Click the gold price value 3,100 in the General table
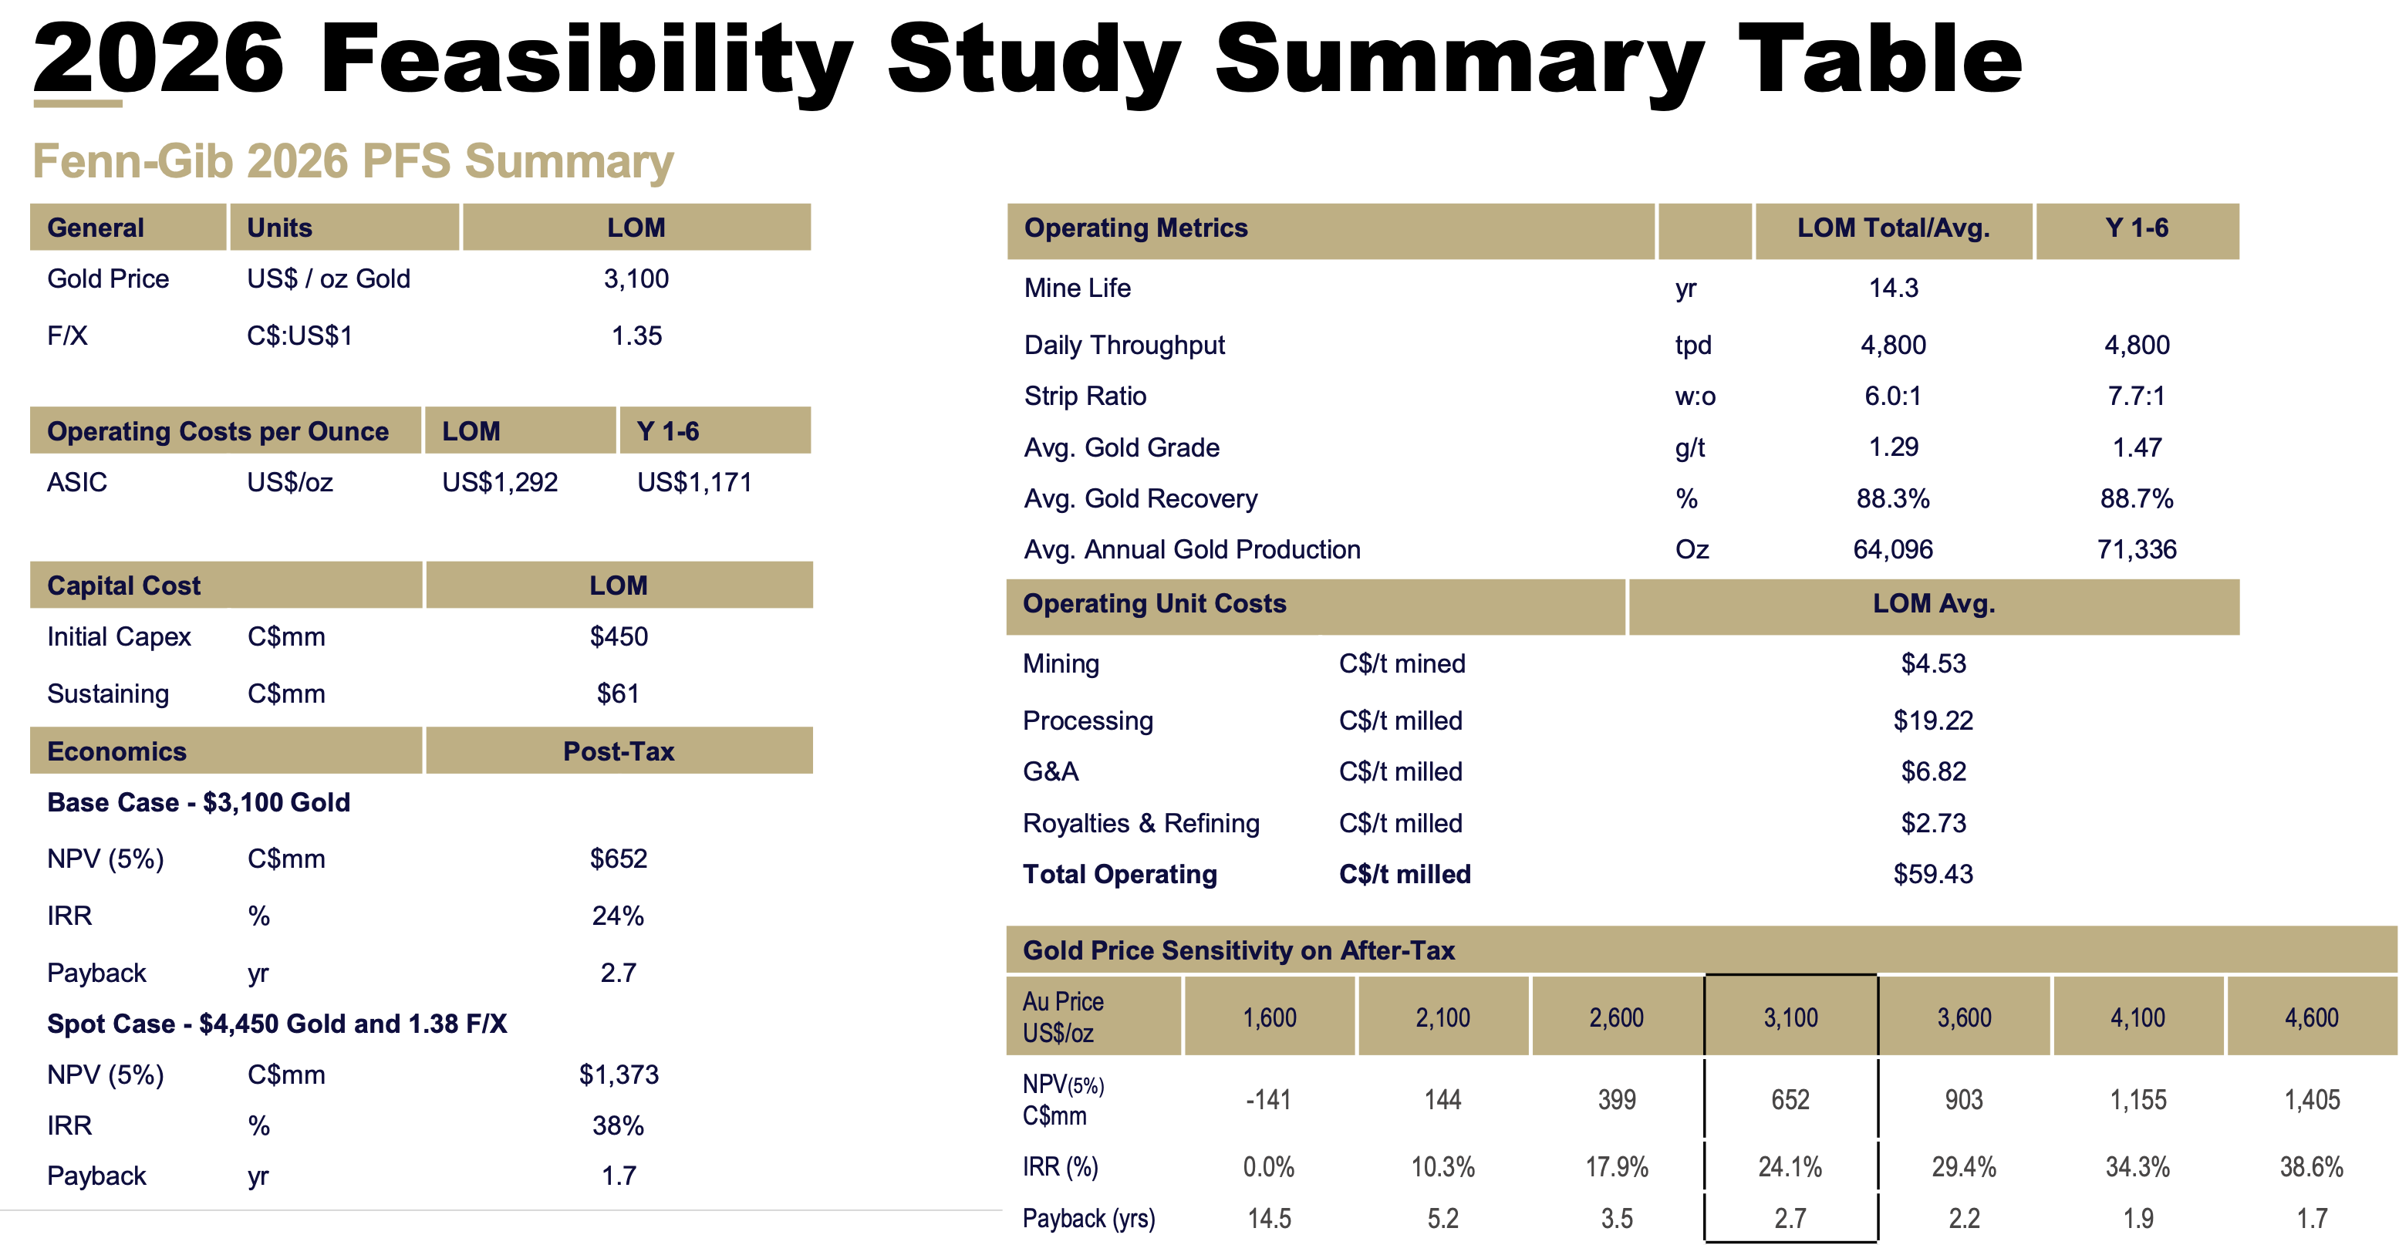[x=636, y=278]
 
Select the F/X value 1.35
[x=636, y=336]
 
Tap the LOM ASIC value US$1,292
[x=499, y=482]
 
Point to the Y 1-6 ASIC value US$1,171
[x=693, y=482]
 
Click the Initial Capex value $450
[x=619, y=637]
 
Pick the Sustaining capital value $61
[x=619, y=693]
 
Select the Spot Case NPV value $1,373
[x=619, y=1075]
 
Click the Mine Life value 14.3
[x=1893, y=288]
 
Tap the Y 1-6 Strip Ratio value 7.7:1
[x=2137, y=396]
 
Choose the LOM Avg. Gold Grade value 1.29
[x=1893, y=447]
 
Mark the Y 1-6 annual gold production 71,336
[x=2137, y=549]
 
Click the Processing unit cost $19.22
[x=1933, y=720]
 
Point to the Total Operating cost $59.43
[x=1933, y=875]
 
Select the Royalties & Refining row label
[x=1141, y=823]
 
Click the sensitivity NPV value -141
[x=1268, y=1100]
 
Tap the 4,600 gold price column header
[x=2312, y=1017]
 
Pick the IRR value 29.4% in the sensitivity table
[x=1964, y=1167]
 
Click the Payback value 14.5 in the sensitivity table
[x=1268, y=1218]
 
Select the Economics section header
[x=117, y=751]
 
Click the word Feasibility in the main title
[x=587, y=60]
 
